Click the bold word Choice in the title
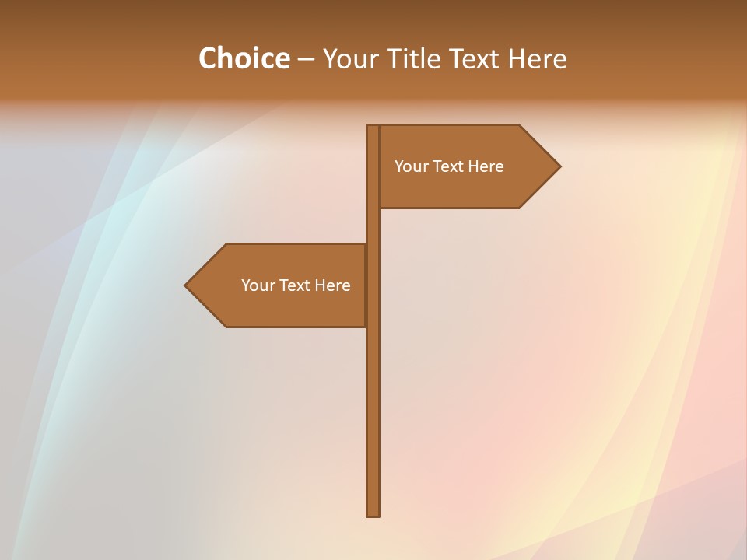[x=244, y=58]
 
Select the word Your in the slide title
[x=349, y=58]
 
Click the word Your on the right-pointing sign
[x=410, y=166]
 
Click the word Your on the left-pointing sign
[x=257, y=285]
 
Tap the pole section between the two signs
[x=373, y=226]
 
